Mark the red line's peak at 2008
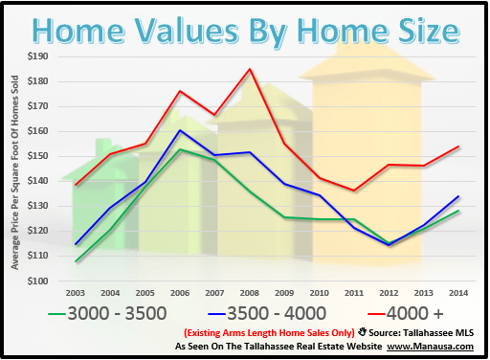pos(250,69)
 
